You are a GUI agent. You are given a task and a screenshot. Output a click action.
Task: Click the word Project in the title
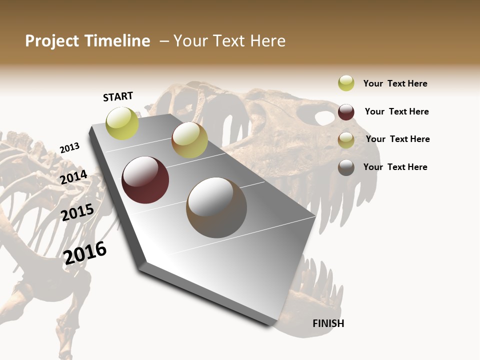click(x=52, y=41)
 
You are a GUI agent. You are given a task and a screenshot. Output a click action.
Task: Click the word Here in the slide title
click(x=267, y=41)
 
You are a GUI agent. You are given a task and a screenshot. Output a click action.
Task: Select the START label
click(x=118, y=96)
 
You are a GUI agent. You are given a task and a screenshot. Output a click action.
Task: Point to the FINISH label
click(x=328, y=323)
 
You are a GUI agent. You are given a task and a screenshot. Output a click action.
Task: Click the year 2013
click(x=69, y=148)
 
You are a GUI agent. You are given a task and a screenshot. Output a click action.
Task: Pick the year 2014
click(x=74, y=177)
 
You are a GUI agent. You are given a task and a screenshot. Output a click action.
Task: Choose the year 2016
click(x=85, y=253)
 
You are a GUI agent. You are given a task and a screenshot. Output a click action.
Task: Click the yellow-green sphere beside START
click(x=122, y=123)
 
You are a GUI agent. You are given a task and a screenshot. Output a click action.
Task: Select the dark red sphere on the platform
click(x=145, y=180)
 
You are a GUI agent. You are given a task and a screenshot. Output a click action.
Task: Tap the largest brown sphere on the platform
click(x=216, y=207)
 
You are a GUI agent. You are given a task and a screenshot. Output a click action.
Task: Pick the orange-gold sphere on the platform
click(x=189, y=140)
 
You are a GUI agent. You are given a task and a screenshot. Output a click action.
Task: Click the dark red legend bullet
click(x=346, y=112)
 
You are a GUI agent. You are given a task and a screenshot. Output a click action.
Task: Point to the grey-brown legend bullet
click(x=346, y=167)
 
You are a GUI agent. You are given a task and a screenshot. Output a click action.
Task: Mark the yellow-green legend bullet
click(x=346, y=83)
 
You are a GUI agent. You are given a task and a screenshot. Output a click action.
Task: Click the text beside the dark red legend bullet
click(x=396, y=111)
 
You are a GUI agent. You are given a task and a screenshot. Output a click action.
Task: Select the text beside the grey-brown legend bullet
click(x=395, y=167)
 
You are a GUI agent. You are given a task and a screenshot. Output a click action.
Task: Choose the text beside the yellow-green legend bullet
click(x=395, y=83)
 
